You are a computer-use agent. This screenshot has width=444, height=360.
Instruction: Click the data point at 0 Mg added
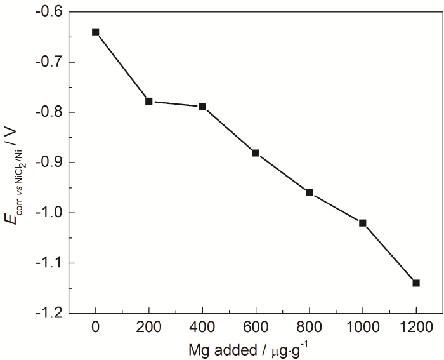[96, 32]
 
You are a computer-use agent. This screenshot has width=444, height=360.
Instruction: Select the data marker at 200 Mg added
[149, 101]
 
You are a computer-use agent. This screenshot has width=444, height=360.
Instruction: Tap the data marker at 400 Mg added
[202, 106]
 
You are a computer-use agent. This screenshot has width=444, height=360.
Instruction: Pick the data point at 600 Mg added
[256, 153]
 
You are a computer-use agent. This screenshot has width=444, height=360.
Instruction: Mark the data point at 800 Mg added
[310, 192]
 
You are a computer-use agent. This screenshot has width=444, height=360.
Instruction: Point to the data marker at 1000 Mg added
[363, 223]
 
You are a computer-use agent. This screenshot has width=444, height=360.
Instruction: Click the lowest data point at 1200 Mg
[416, 283]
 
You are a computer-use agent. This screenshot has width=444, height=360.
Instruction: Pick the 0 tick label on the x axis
[96, 328]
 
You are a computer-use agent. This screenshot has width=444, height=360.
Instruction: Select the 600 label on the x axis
[256, 328]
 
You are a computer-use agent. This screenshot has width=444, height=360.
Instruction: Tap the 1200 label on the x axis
[416, 328]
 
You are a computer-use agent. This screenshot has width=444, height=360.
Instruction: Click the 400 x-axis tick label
[202, 328]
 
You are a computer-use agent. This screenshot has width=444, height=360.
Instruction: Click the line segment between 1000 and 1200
[389, 253]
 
